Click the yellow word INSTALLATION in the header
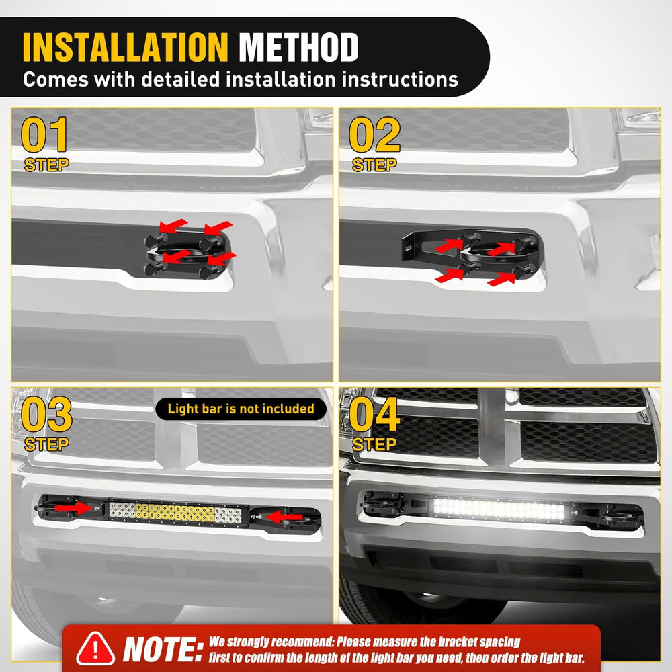[x=125, y=47]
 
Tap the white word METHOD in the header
[x=298, y=47]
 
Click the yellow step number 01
[x=44, y=134]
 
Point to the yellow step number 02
[x=374, y=134]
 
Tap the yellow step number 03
[x=46, y=414]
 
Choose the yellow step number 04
[x=374, y=414]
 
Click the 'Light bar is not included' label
[x=241, y=409]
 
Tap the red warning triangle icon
[x=95, y=649]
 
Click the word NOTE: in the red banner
[x=163, y=649]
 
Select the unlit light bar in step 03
[x=175, y=512]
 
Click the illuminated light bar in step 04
[x=499, y=509]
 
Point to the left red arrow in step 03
[x=73, y=508]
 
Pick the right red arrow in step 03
[x=284, y=517]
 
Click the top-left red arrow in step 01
[x=173, y=225]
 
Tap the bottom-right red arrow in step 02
[x=501, y=280]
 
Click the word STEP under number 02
[x=374, y=165]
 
